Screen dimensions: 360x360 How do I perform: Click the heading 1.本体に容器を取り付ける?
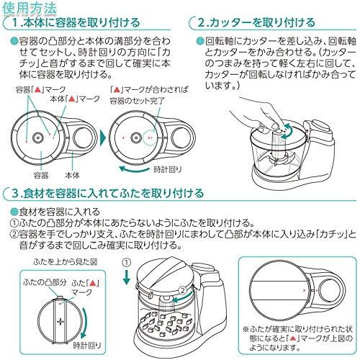point(76,23)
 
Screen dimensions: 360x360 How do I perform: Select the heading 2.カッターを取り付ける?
point(256,23)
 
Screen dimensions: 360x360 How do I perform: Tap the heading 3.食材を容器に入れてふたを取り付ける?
point(108,194)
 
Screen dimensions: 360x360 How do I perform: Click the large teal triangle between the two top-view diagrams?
point(102,138)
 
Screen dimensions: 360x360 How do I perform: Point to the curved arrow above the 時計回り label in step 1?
point(134,169)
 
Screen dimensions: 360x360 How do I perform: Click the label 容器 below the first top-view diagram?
point(41,176)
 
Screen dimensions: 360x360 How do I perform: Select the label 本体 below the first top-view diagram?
point(72,176)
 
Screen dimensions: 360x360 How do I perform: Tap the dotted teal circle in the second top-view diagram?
point(150,138)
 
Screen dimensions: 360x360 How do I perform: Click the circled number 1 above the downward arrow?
point(127,262)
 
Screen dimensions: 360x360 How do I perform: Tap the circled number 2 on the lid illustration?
point(183,290)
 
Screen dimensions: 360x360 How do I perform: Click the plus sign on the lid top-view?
point(60,321)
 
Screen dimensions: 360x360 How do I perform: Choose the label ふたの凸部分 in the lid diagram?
point(45,282)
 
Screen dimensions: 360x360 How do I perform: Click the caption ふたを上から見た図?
point(66,262)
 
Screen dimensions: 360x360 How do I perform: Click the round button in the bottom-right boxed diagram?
point(330,291)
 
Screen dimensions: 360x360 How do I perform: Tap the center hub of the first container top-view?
point(38,138)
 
